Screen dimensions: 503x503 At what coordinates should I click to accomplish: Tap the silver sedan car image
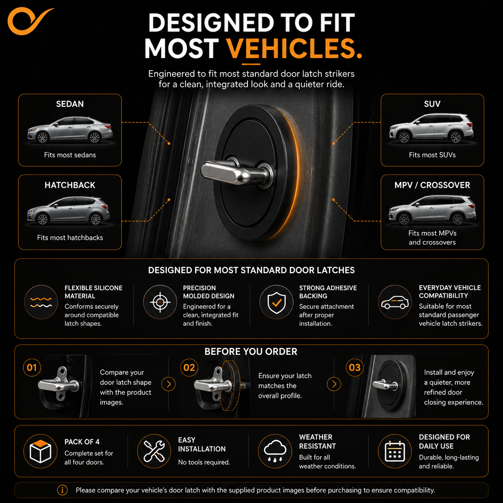pos(70,130)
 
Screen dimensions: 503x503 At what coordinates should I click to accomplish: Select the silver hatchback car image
pos(68,211)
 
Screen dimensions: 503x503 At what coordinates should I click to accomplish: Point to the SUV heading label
pos(432,104)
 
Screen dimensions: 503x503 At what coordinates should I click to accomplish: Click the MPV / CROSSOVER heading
pos(432,185)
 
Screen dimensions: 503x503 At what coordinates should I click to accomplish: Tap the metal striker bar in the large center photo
pos(235,172)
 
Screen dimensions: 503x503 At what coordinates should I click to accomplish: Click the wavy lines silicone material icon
pos(41,302)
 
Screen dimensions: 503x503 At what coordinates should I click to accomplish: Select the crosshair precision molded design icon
pos(160,302)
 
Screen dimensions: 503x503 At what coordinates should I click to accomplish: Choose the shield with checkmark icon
pos(276,302)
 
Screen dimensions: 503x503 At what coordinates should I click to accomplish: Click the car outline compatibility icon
pos(395,302)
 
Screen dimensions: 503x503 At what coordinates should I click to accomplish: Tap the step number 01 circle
pos(32,367)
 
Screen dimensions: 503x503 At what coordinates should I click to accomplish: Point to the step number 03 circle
pos(355,367)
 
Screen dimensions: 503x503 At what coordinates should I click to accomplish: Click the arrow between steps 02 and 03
pos(334,384)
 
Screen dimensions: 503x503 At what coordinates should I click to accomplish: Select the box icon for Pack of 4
pos(41,451)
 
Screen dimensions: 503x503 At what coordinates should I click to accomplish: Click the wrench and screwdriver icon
pos(154,451)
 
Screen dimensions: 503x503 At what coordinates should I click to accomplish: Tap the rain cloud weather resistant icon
pos(275,451)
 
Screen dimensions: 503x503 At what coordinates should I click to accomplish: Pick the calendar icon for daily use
pos(395,451)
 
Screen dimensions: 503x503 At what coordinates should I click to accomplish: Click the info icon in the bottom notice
pos(63,490)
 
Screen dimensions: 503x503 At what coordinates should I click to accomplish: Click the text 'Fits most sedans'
pos(70,155)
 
